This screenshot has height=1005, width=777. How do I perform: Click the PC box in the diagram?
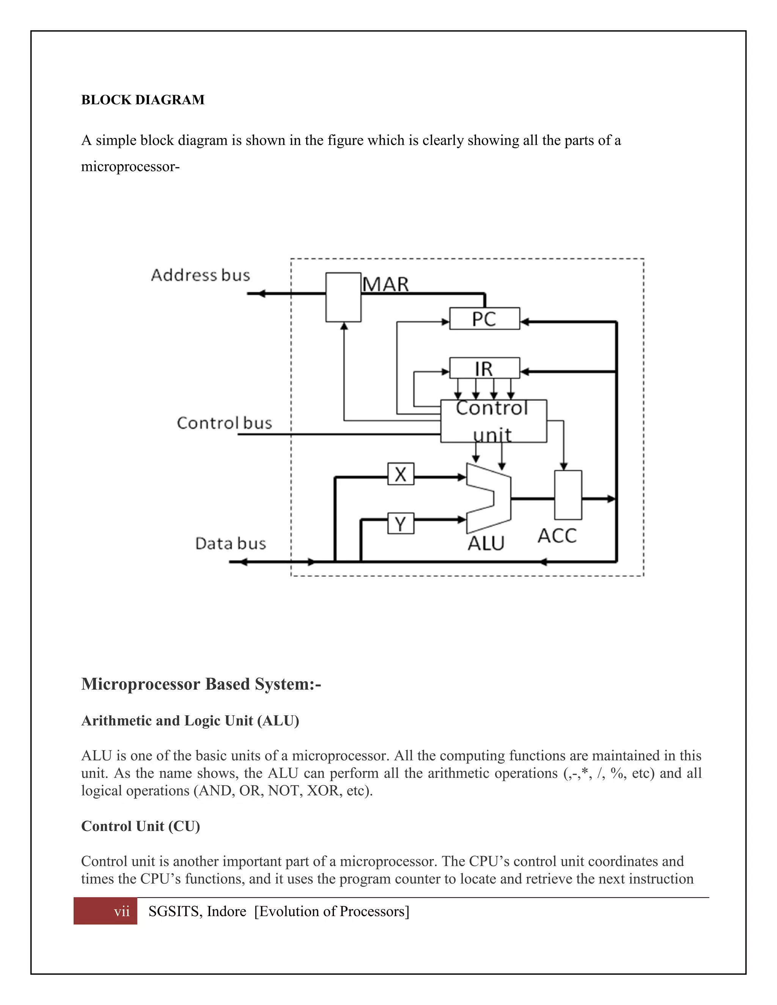coord(484,319)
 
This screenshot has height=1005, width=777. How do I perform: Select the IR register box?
coord(484,368)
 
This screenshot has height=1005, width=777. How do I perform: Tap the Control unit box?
coord(494,421)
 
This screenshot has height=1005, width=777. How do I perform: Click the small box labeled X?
coord(401,474)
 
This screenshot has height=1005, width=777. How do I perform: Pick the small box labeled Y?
coord(401,524)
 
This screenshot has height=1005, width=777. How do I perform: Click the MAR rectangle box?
coord(343,297)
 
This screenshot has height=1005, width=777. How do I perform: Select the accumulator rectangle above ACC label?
coord(568,495)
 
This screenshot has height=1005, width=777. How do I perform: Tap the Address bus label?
coord(200,275)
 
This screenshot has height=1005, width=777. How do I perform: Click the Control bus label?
coord(224,423)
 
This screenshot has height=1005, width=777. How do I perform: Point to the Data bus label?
coord(231,543)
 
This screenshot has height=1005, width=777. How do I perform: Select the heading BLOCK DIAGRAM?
coord(143,100)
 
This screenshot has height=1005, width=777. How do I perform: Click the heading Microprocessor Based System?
coord(201,684)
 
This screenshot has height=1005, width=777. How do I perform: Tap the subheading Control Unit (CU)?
coord(140,826)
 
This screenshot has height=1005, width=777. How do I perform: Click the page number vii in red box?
coord(121,912)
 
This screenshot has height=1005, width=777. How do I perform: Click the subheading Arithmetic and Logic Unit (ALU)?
coord(190,721)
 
